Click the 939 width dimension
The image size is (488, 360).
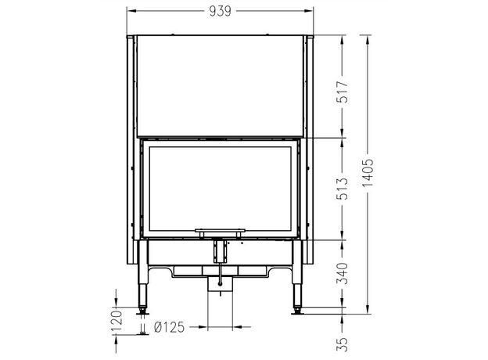click(220, 11)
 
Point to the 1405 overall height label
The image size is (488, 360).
click(368, 172)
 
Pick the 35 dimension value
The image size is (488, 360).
click(342, 344)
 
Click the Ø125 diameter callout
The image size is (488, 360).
click(169, 327)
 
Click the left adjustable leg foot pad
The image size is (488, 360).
click(142, 313)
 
